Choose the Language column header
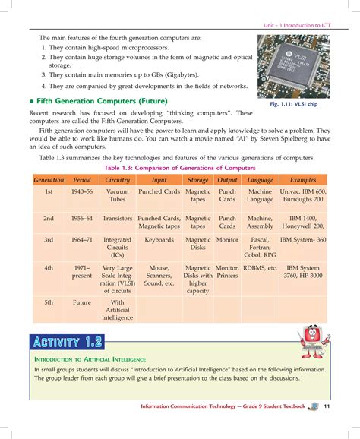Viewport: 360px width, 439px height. click(x=261, y=181)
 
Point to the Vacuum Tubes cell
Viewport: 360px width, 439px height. click(x=117, y=197)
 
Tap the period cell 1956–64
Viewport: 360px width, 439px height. click(x=82, y=218)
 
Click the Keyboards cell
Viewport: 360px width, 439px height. click(x=159, y=240)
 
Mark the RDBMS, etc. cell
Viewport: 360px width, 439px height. click(x=261, y=268)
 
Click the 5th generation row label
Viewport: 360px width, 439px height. click(x=48, y=302)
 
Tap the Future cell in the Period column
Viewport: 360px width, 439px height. click(x=82, y=302)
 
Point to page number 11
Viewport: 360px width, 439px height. click(x=326, y=406)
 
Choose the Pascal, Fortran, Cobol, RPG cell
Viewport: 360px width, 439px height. click(x=261, y=248)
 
